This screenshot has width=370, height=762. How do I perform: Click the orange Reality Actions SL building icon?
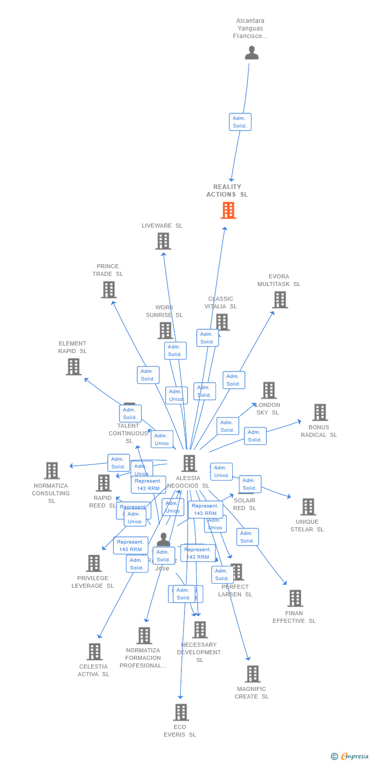point(228,210)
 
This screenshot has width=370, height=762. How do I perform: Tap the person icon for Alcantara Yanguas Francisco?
point(252,53)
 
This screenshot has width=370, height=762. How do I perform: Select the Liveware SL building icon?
point(163,241)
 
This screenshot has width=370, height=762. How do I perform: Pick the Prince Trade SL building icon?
point(108,290)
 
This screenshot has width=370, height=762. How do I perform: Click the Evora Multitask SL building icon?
point(280,300)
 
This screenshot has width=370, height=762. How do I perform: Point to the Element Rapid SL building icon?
point(73,366)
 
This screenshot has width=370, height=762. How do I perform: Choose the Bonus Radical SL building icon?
point(320,412)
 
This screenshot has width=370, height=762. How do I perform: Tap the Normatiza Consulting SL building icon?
point(51,471)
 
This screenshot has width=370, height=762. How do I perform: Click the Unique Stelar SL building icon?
point(307,507)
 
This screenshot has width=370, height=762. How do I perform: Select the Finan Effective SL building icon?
point(295,598)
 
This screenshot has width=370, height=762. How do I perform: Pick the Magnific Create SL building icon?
point(252,674)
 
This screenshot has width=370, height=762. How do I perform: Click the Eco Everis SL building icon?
point(180,712)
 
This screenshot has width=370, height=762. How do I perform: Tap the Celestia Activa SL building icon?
point(94,652)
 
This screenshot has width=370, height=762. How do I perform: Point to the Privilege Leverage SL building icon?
point(94,563)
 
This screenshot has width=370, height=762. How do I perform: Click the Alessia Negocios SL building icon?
point(189,463)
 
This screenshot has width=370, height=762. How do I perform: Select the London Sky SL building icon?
point(268,391)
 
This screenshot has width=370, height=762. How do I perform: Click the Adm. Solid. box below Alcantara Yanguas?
point(240,122)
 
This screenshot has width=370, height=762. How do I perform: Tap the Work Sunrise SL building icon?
point(165,331)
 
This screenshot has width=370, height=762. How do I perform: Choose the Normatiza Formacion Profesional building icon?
point(144,636)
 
